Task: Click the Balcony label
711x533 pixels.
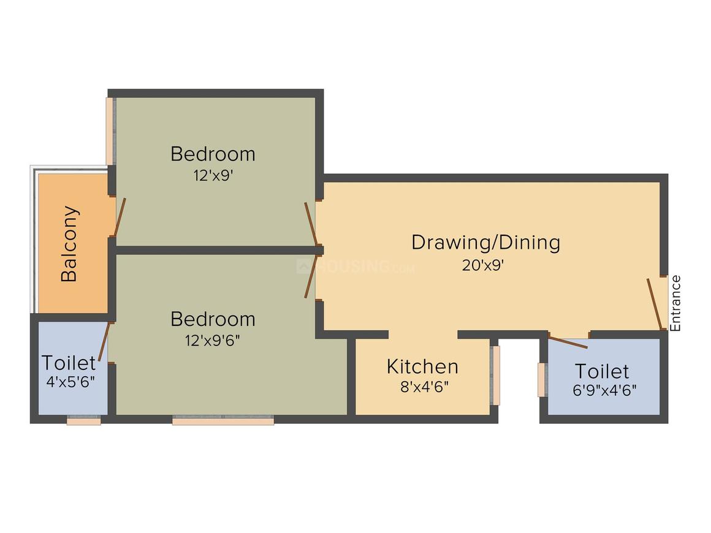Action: (70, 244)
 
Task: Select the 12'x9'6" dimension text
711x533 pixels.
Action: (212, 341)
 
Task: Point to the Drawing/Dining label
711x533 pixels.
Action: (485, 242)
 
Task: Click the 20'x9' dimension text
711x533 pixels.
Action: (485, 265)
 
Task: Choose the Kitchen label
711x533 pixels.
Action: (422, 366)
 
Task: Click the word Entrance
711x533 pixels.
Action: (675, 303)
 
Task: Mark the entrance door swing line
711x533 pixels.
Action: (655, 304)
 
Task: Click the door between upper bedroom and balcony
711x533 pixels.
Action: (120, 217)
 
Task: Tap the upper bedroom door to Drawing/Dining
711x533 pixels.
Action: (311, 223)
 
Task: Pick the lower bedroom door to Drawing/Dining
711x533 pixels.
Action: (311, 277)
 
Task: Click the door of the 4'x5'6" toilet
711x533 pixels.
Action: (104, 341)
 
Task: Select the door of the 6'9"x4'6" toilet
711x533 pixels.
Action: (568, 342)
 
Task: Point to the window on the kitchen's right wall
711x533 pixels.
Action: (495, 375)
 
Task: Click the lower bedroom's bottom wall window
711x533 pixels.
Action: (223, 420)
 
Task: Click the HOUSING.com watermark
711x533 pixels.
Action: (355, 266)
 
